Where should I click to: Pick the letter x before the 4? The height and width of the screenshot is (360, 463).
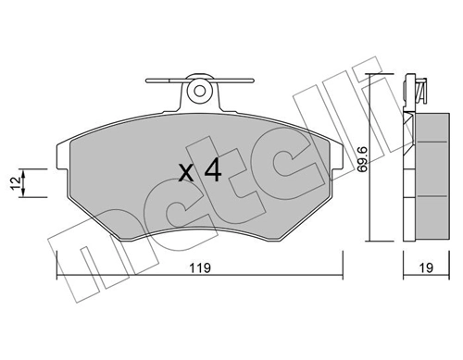coord(185,173)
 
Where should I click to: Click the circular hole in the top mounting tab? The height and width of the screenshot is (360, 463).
coord(196,90)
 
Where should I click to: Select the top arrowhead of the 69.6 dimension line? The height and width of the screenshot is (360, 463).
coord(370,77)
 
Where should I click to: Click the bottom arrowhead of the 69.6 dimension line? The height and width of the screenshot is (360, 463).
coord(370,238)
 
